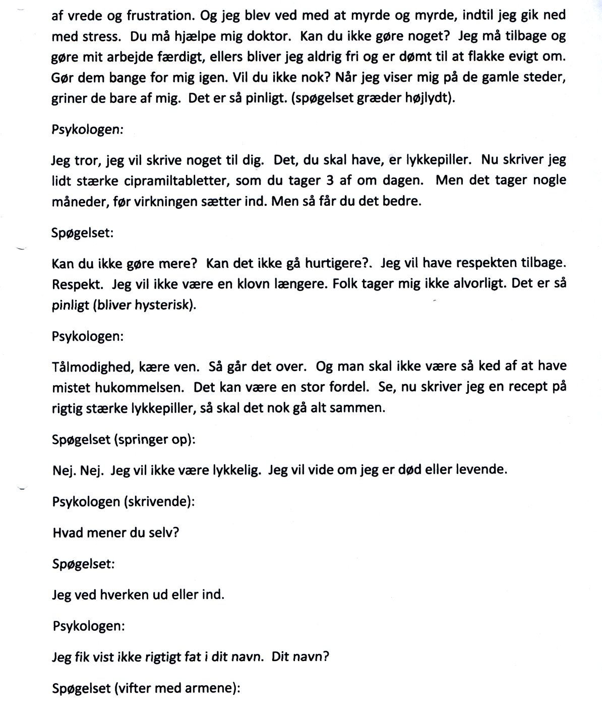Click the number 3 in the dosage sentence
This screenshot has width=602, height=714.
(326, 181)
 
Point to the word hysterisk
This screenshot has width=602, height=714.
(163, 305)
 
